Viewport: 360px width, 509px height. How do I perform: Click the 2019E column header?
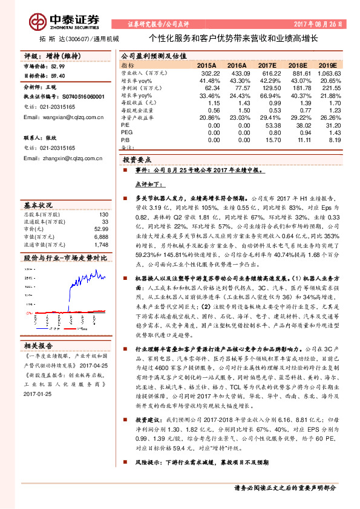[x=327, y=64]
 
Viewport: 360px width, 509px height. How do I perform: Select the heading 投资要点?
[x=136, y=160]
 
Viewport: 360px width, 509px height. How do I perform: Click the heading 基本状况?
[x=39, y=204]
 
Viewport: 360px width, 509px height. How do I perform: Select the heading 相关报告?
[x=39, y=345]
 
